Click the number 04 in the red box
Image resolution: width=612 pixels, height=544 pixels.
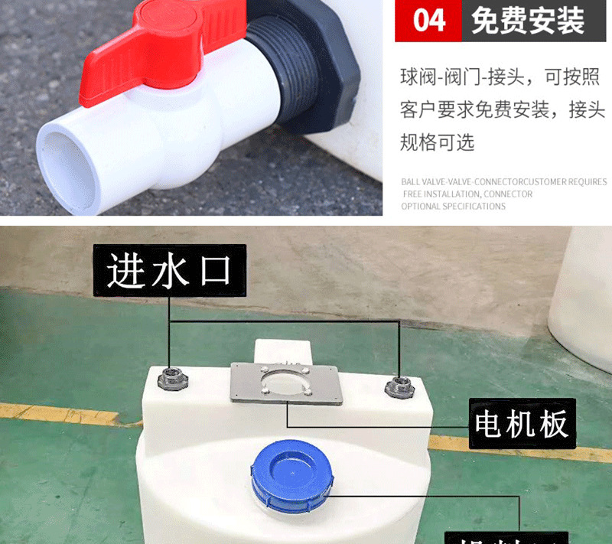click(x=428, y=21)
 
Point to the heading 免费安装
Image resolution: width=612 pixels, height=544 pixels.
click(x=528, y=21)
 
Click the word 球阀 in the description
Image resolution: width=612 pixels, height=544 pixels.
click(x=418, y=77)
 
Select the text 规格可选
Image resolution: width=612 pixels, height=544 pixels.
click(x=437, y=142)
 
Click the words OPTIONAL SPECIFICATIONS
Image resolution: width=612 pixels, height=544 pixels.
click(x=453, y=207)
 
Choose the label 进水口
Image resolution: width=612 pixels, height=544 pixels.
click(x=169, y=271)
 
